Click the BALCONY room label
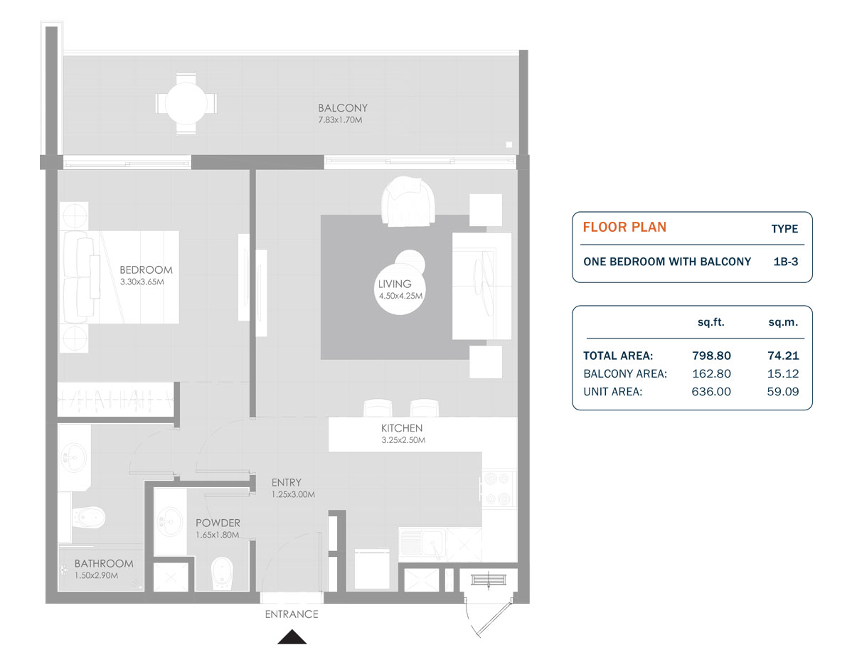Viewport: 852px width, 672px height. (343, 108)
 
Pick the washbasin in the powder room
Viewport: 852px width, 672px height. (169, 522)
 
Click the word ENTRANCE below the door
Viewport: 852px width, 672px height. (292, 614)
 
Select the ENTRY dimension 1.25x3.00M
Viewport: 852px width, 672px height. (293, 494)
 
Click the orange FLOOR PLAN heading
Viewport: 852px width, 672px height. (624, 228)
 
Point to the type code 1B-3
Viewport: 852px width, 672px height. (785, 262)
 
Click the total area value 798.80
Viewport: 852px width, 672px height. (711, 356)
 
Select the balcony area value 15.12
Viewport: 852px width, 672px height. (782, 373)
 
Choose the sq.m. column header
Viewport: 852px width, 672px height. (782, 322)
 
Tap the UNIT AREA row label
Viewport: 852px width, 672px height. (612, 391)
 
